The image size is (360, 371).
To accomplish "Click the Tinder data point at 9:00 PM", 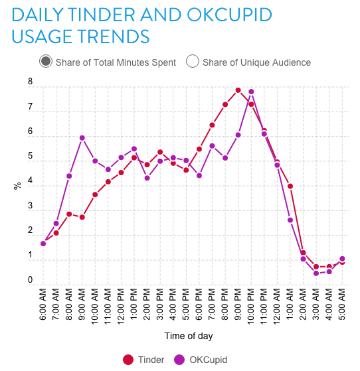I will coord(238,90).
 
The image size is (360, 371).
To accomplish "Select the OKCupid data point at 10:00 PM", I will coord(251,92).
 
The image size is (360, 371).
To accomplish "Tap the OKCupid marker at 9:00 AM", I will coord(82,137).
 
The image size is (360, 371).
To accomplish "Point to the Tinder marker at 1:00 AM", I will coord(290,186).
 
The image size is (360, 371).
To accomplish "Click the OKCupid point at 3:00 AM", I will coord(316,273).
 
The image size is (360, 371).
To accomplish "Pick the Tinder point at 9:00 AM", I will coord(82,217).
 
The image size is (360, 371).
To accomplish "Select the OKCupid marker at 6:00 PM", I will coord(199,175).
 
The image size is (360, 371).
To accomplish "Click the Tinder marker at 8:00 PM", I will coord(225,104).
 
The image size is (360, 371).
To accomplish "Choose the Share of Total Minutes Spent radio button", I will coord(46,62).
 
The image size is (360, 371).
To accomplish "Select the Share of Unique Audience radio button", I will coord(193,62).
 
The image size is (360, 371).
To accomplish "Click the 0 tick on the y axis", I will coord(30,281).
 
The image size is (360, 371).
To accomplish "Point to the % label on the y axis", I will coord(17,186).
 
